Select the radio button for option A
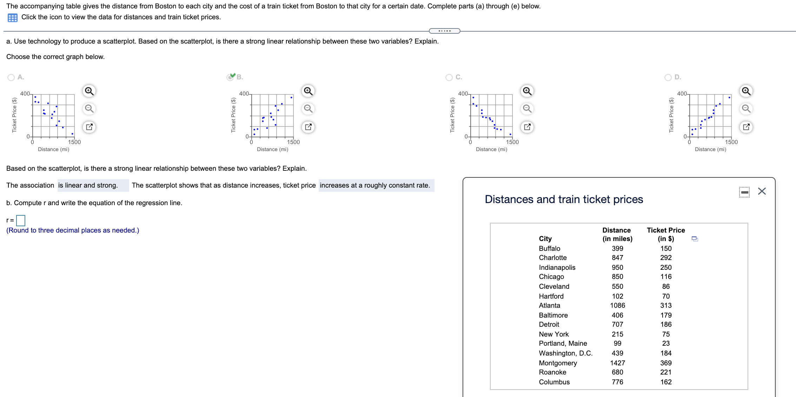click(11, 77)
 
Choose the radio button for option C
click(449, 77)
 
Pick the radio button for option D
click(668, 77)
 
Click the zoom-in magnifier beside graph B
click(308, 91)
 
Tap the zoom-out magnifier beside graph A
click(89, 109)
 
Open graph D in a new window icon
click(746, 127)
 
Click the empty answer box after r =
click(21, 220)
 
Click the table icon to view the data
click(13, 18)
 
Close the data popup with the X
click(762, 191)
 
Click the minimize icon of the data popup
click(744, 192)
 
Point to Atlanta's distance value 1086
click(617, 305)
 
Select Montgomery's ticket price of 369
click(665, 363)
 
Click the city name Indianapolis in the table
click(557, 267)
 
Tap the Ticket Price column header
click(665, 234)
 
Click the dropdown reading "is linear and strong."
click(93, 186)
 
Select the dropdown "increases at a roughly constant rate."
click(376, 186)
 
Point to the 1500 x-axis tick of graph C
click(512, 142)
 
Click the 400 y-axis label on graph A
click(25, 93)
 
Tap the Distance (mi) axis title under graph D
click(710, 149)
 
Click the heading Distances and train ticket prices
click(564, 199)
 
